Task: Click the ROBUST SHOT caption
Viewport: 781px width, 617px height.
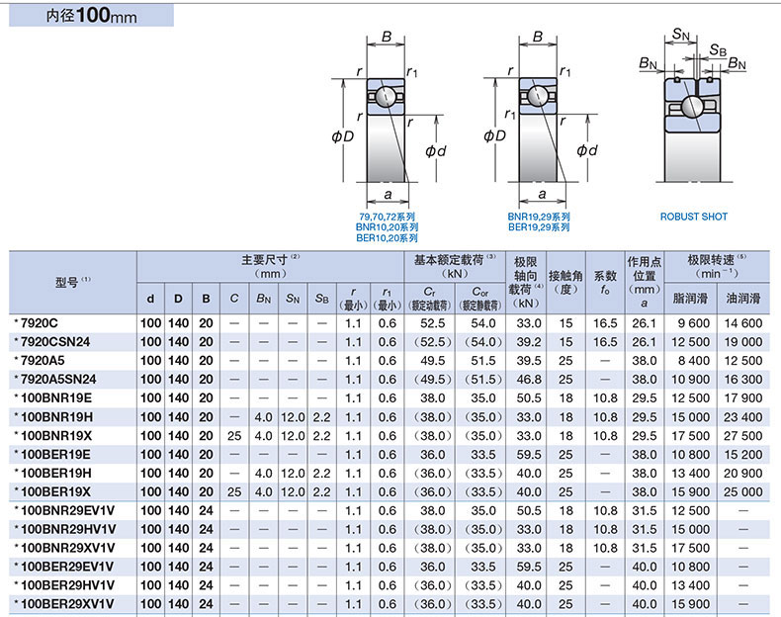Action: tap(693, 217)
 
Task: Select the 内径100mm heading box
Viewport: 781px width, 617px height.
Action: tap(91, 16)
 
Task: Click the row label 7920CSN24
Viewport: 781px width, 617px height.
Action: tap(54, 342)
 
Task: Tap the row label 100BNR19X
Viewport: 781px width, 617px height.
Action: tap(56, 436)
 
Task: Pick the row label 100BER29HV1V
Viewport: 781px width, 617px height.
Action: tap(67, 585)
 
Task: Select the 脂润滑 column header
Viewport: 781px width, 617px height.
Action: tap(690, 299)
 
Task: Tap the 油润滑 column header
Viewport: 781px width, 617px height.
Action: tap(743, 299)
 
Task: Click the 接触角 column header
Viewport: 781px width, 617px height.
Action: tap(565, 276)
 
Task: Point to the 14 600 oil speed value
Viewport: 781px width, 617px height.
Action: tap(743, 323)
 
